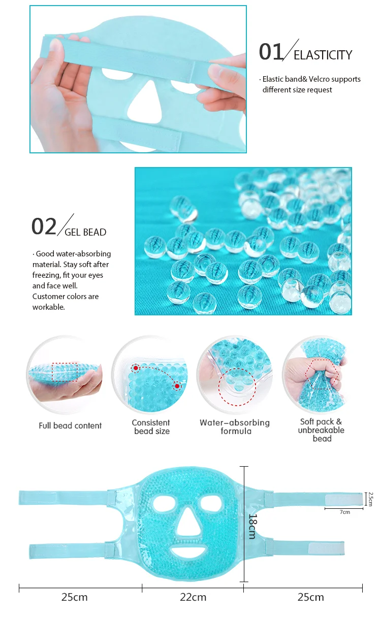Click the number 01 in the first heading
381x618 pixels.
coord(271,52)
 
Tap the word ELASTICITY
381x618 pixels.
coord(323,55)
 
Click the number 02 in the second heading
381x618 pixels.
coord(44,226)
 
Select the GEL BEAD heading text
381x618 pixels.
coord(85,233)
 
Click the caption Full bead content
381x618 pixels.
coord(70,426)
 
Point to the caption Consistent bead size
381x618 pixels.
coord(151,427)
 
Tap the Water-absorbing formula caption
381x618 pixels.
coord(235,427)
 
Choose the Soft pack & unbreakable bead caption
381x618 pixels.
coord(322,430)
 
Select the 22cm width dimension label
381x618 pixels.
coord(193,597)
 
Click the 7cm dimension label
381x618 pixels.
coord(345,512)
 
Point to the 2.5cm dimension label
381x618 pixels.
coord(370,499)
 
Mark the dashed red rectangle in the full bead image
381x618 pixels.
coord(65,371)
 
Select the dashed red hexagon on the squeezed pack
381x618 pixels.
coord(321,375)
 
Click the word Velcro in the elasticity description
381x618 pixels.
coord(320,79)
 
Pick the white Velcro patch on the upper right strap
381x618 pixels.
coord(344,500)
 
